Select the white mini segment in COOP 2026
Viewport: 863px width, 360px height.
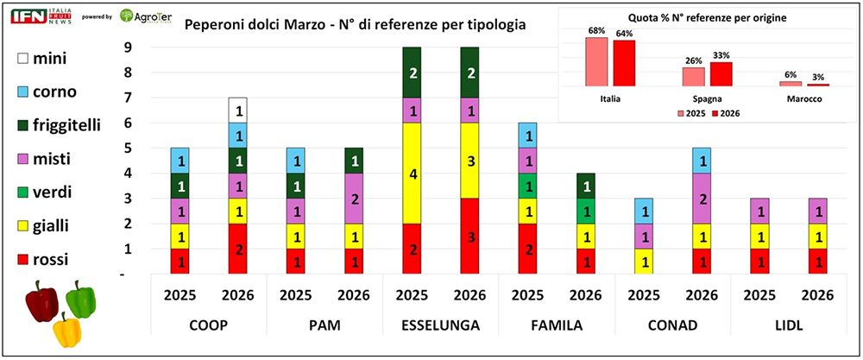pyautogui.click(x=238, y=111)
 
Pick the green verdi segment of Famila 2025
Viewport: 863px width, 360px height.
pyautogui.click(x=526, y=186)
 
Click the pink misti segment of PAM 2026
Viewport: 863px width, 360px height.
pyautogui.click(x=353, y=199)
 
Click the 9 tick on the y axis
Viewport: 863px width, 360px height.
pyautogui.click(x=128, y=47)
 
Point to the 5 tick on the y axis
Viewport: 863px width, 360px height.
pyautogui.click(x=128, y=148)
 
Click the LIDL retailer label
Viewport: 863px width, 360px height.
pyautogui.click(x=787, y=326)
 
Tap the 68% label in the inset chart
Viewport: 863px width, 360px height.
pyautogui.click(x=595, y=31)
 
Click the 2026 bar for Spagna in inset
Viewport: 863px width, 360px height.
pyautogui.click(x=721, y=74)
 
